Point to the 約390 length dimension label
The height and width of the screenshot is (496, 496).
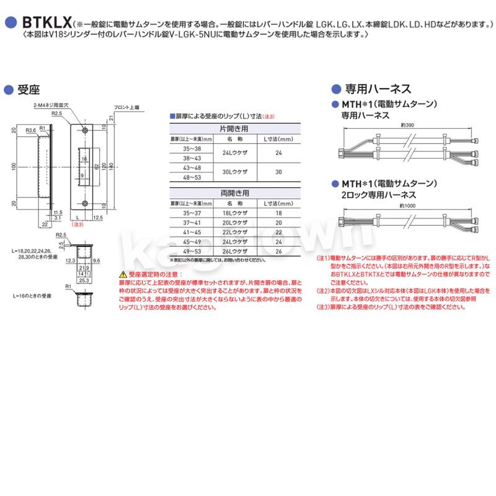(x=407, y=125)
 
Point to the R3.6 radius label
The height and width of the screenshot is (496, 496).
(x=30, y=131)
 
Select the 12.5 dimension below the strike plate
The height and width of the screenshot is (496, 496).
(x=97, y=218)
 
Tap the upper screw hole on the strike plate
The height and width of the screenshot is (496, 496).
(x=84, y=130)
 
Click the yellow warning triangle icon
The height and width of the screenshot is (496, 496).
(x=115, y=273)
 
